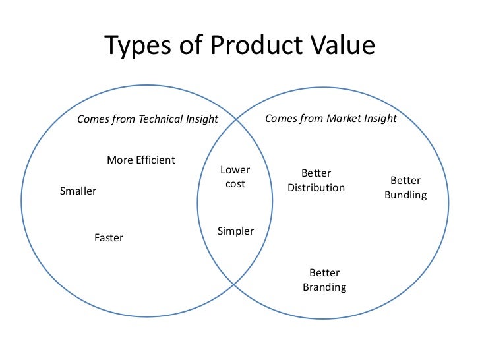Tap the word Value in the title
coord(344,47)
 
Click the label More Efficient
coord(141,160)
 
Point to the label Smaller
coord(78,191)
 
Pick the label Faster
coord(109,237)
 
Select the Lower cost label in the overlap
coord(235,177)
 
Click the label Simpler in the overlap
coord(235,231)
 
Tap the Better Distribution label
coord(316,180)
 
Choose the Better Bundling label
coord(405,187)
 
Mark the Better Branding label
coord(324,280)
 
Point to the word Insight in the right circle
coord(379,119)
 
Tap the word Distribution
coord(316,188)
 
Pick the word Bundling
coord(405,195)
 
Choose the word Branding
coord(324,287)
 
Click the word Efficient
coord(156,160)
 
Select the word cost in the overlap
coord(235,184)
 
